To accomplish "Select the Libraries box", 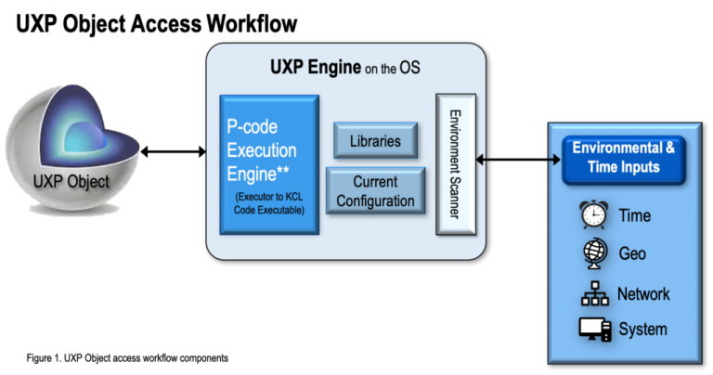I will (375, 141).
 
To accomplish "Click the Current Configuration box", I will (375, 191).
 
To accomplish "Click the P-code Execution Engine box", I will (269, 164).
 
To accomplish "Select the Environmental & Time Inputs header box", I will (623, 158).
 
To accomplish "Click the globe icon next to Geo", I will (594, 253).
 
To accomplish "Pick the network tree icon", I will (594, 293).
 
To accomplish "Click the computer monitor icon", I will (594, 330).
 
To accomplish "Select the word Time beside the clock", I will (635, 216).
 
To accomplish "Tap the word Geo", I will (632, 253).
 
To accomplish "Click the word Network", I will (643, 293).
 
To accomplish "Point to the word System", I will (642, 330).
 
